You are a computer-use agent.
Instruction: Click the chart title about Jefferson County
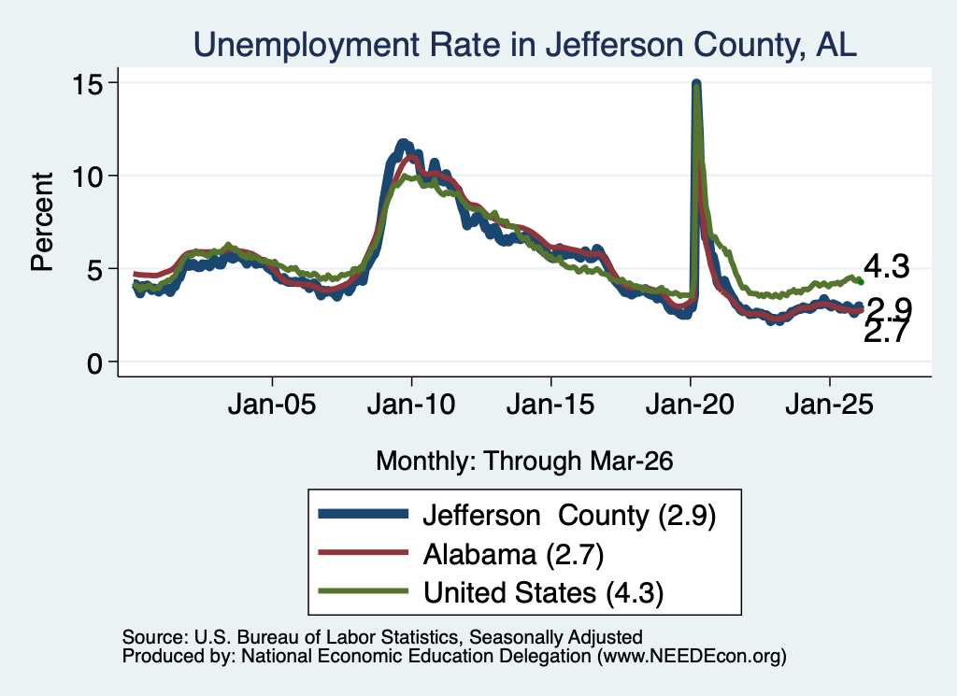(525, 45)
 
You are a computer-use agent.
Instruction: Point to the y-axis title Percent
(42, 221)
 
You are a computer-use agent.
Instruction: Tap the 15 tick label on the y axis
(87, 83)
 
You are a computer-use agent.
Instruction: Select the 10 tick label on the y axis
(87, 177)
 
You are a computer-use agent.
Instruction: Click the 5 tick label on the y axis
(94, 270)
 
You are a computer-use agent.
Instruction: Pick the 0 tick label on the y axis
(94, 362)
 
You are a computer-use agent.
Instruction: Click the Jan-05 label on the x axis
(272, 404)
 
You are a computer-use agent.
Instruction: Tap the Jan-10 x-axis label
(411, 404)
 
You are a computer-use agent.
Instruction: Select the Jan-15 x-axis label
(550, 404)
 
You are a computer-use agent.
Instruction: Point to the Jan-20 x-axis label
(690, 404)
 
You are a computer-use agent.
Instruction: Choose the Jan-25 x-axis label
(830, 404)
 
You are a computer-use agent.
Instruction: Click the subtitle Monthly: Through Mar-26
(524, 461)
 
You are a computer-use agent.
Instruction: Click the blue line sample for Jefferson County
(364, 514)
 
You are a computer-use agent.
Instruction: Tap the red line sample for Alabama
(364, 552)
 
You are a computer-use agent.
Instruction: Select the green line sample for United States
(364, 590)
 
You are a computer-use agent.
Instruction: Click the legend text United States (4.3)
(543, 592)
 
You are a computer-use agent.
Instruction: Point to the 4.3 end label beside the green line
(887, 266)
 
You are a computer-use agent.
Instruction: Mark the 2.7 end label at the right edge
(887, 334)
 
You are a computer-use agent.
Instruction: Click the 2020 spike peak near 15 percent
(695, 83)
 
